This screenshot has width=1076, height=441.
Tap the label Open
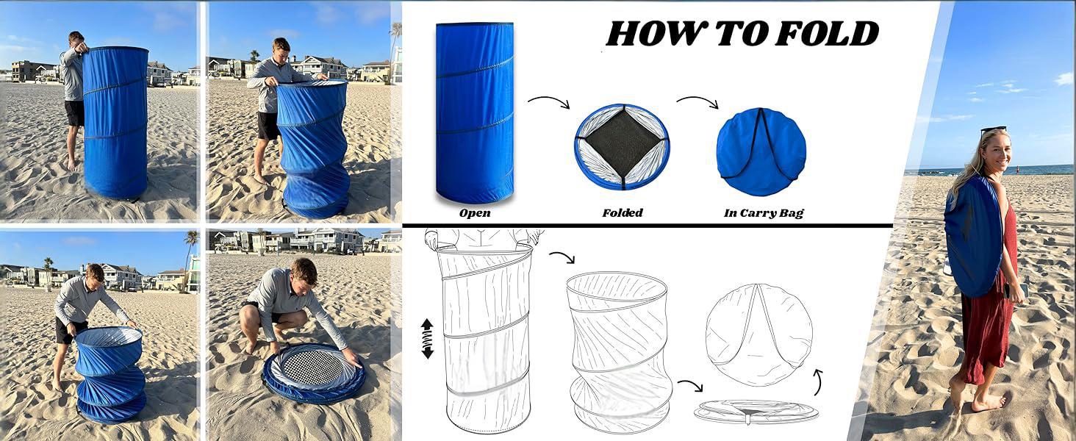point(475,213)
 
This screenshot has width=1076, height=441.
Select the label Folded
point(623,213)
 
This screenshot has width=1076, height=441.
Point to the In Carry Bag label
point(764,213)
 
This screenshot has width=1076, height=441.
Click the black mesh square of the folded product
point(623,144)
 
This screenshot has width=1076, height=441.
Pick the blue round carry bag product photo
point(761,151)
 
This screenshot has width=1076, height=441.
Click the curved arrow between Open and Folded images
point(549,100)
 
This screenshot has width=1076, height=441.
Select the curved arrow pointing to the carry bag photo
point(697,100)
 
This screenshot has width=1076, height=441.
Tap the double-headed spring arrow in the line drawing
point(427,339)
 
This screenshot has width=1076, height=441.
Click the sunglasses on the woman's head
point(993,129)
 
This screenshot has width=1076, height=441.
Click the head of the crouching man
point(304,273)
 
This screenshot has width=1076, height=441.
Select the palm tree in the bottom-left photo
point(190,257)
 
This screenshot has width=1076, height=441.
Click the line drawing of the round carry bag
point(759,334)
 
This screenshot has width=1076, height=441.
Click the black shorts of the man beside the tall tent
point(75,113)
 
